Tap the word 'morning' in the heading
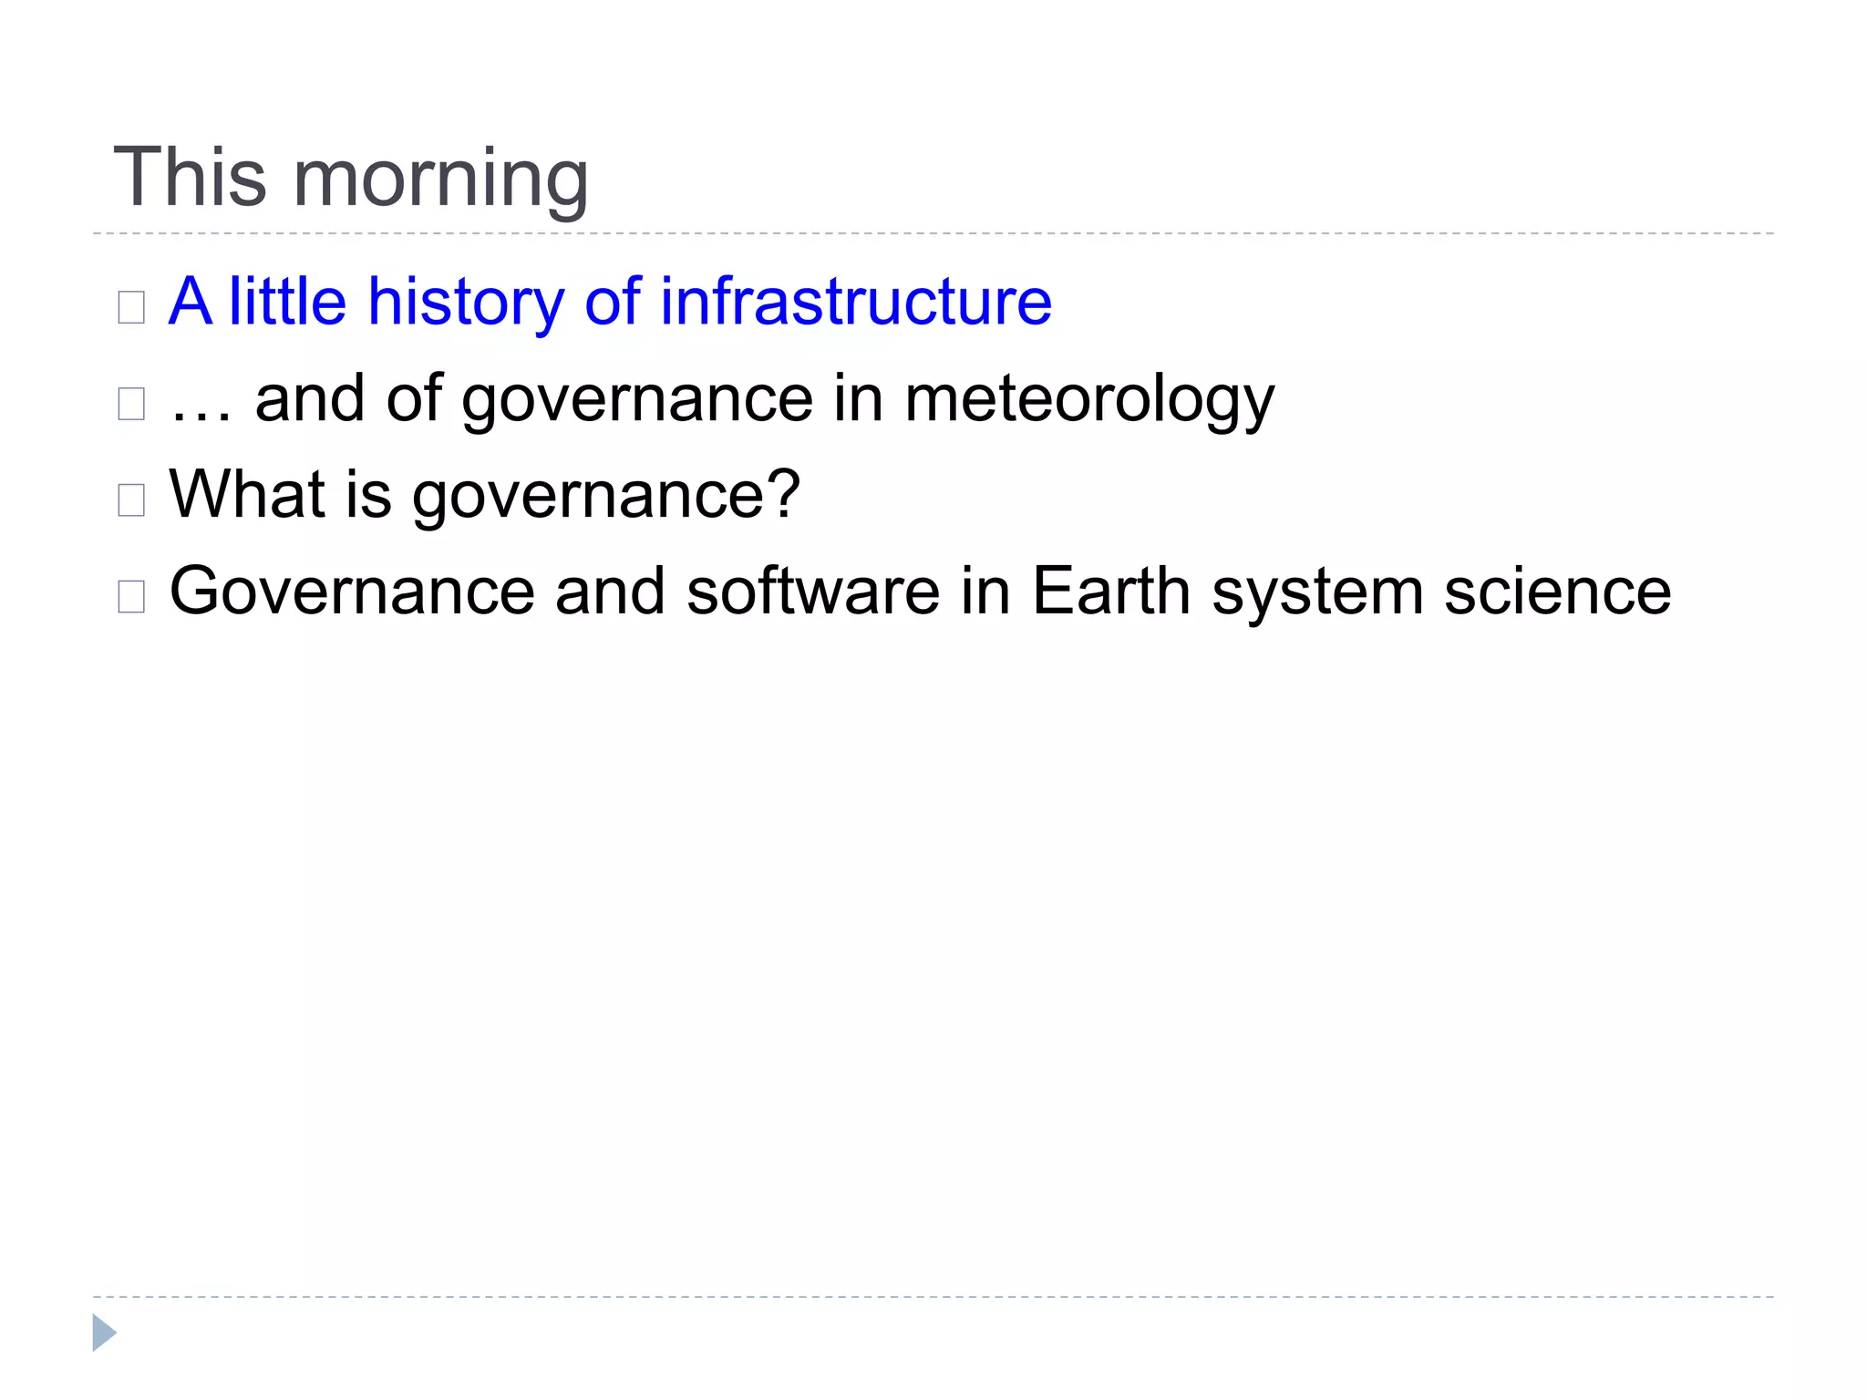440,180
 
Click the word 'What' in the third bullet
246,494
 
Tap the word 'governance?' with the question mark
606,497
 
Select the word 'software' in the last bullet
812,591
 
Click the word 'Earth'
1110,591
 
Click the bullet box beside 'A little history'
131,307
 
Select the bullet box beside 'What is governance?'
131,499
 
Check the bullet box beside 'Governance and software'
131,596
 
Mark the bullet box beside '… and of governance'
131,404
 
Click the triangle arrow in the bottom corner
104,1333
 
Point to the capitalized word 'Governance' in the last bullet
352,591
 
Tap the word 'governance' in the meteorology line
637,401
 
